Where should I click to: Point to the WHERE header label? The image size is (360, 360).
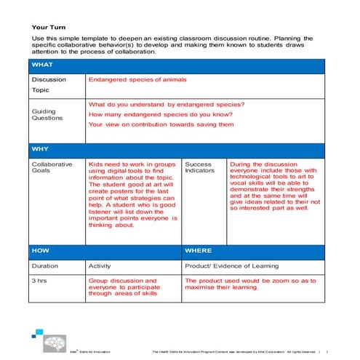pyautogui.click(x=199, y=250)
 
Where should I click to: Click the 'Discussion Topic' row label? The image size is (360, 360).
pyautogui.click(x=49, y=85)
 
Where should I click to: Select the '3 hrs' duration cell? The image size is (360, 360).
pyautogui.click(x=40, y=280)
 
